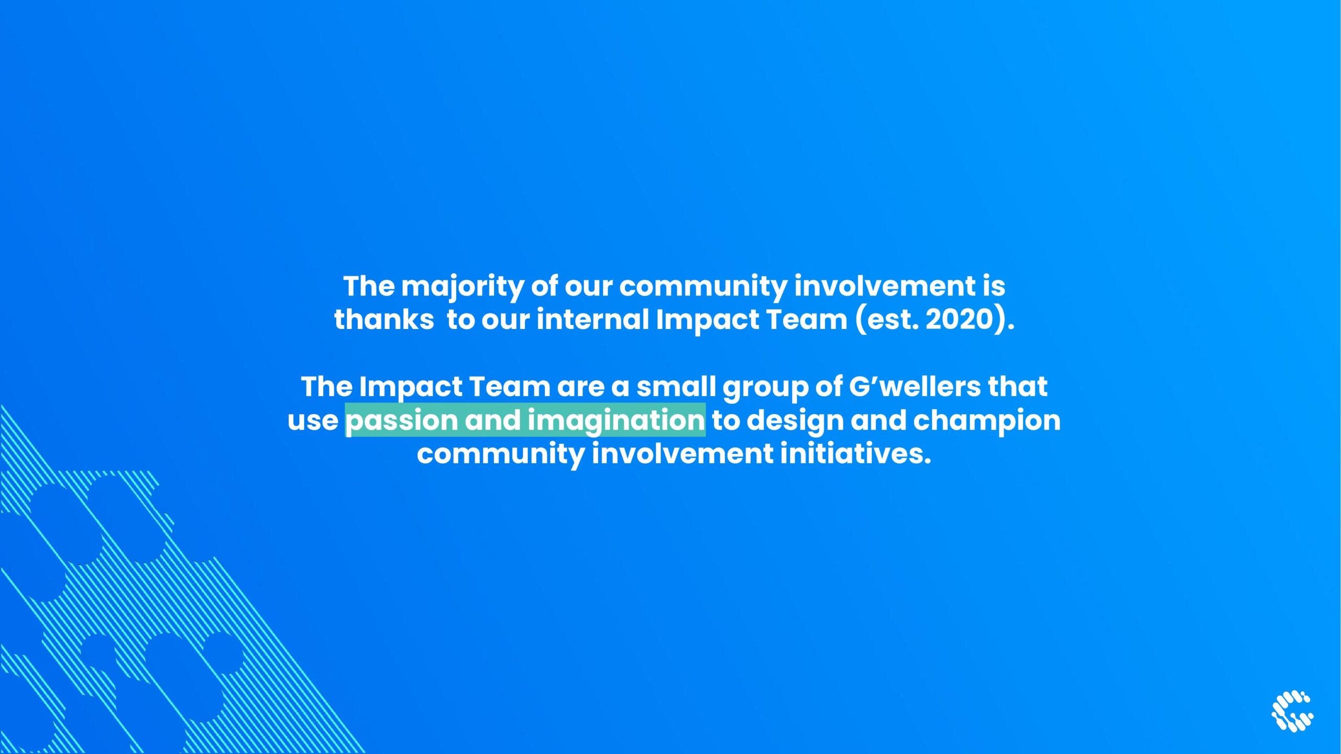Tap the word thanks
point(384,319)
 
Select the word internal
point(593,319)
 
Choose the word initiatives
point(856,454)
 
